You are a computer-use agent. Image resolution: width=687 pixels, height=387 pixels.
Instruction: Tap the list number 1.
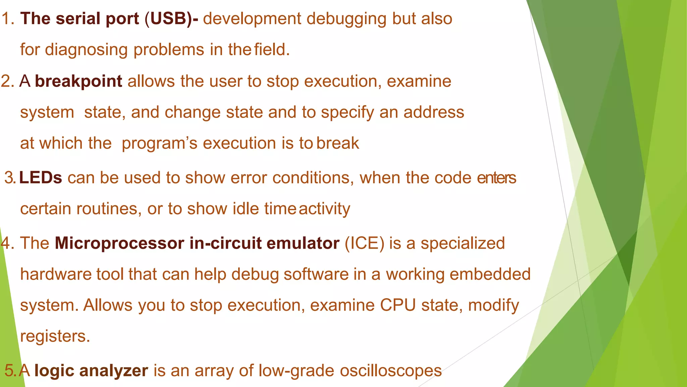pyautogui.click(x=7, y=18)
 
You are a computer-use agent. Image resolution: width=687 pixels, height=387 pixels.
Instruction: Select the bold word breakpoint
pyautogui.click(x=78, y=81)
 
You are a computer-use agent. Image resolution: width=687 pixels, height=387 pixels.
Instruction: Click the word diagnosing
pyautogui.click(x=86, y=50)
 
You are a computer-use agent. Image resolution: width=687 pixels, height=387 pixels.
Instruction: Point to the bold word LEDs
pyautogui.click(x=41, y=178)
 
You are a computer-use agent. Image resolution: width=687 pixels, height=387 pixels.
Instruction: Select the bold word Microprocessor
pyautogui.click(x=119, y=243)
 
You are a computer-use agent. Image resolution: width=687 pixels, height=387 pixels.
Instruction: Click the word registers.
pyautogui.click(x=55, y=336)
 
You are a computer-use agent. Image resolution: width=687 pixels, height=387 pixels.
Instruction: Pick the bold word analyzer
pyautogui.click(x=114, y=371)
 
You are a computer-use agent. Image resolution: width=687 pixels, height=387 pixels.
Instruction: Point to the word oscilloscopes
pyautogui.click(x=390, y=371)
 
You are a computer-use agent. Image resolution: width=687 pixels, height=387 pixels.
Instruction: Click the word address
pyautogui.click(x=434, y=112)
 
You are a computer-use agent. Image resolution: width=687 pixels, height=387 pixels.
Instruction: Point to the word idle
pyautogui.click(x=246, y=209)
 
